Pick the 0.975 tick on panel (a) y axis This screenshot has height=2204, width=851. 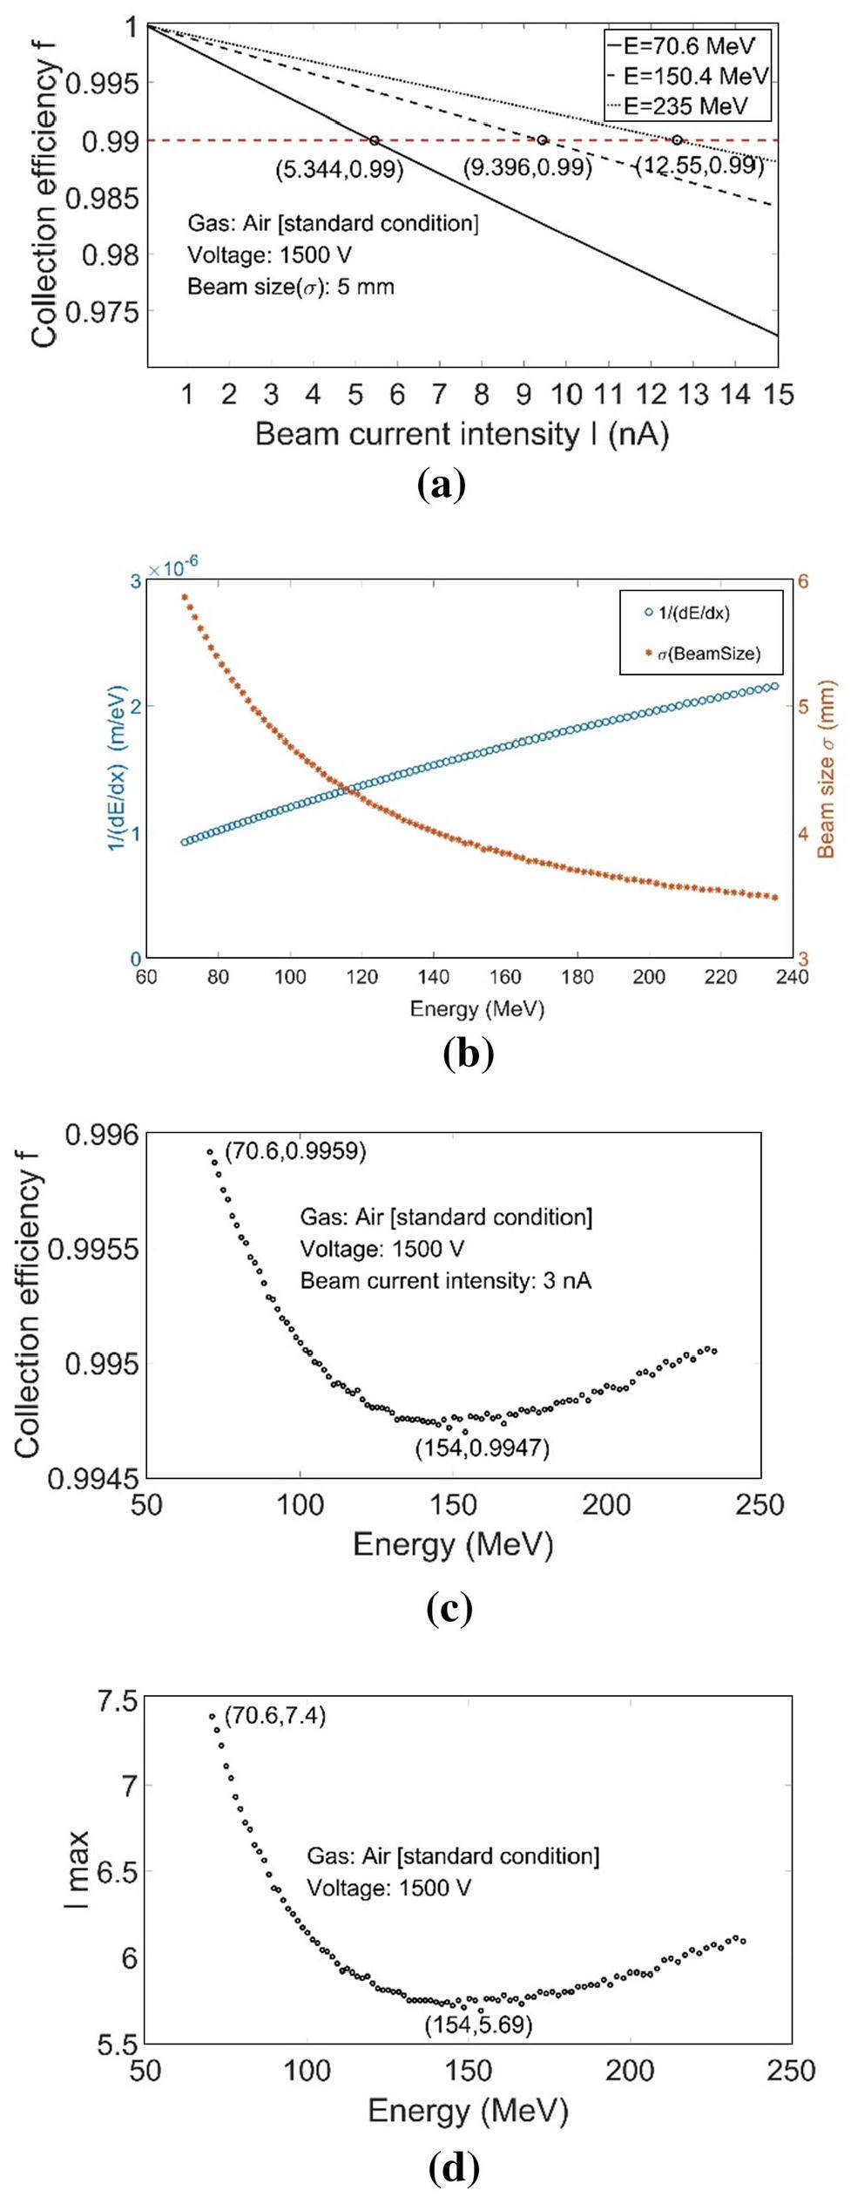tap(106, 311)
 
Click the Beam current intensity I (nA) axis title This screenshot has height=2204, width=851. tap(462, 434)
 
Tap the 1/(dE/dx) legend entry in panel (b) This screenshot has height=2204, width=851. tap(693, 613)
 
